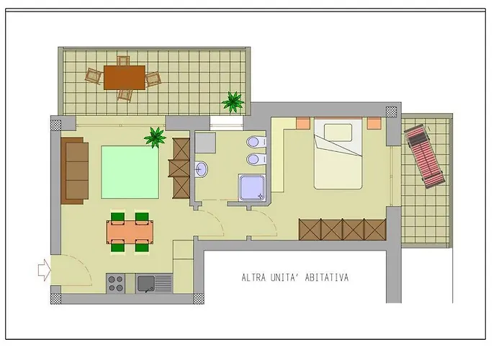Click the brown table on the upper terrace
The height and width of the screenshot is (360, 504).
tap(124, 77)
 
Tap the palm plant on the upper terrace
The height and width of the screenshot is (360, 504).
tap(233, 102)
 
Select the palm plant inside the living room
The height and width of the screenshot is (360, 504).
tap(155, 137)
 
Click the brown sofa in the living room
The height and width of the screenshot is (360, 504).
tap(76, 171)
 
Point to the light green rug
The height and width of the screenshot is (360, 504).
tap(130, 171)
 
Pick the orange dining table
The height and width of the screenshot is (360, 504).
tap(130, 232)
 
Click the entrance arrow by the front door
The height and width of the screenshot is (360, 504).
tap(45, 270)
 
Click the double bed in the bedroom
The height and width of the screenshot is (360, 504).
tap(338, 155)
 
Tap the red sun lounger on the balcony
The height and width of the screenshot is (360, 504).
tap(423, 156)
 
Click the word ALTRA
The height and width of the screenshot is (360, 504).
tap(256, 277)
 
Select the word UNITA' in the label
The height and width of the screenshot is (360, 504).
tap(295, 277)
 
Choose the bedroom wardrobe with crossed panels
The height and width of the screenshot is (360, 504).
tap(343, 230)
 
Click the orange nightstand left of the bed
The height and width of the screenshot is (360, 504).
tap(302, 123)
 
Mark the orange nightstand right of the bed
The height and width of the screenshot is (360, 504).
tap(374, 123)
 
